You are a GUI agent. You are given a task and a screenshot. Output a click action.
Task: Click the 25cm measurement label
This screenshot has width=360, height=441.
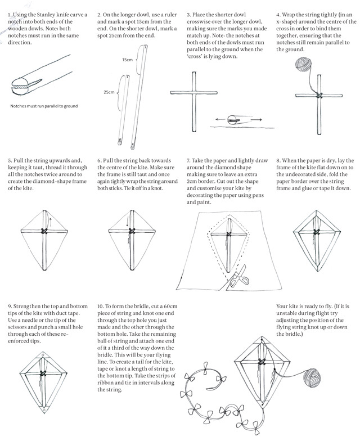pyautogui.click(x=109, y=91)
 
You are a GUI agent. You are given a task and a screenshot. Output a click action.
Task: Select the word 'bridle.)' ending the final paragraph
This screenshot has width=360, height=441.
pyautogui.click(x=288, y=336)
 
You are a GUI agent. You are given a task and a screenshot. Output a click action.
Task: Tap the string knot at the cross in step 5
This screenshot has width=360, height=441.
pyautogui.click(x=45, y=231)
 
